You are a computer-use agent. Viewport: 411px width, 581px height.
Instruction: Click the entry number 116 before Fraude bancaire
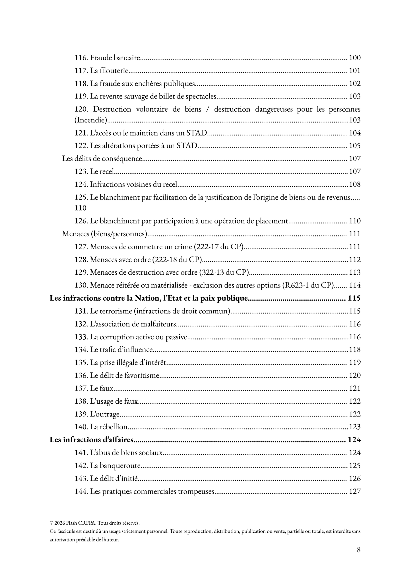click(x=81, y=58)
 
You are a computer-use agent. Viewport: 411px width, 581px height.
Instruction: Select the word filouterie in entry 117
click(x=114, y=71)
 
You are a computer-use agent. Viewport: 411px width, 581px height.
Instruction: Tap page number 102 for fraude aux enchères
click(x=354, y=83)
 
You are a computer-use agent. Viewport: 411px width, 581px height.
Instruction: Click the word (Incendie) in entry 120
click(x=91, y=120)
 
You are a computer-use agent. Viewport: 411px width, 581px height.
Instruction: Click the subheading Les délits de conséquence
click(x=102, y=159)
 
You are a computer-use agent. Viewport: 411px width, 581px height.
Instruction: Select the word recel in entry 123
click(x=106, y=171)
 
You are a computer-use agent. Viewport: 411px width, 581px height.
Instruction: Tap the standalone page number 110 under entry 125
click(x=80, y=208)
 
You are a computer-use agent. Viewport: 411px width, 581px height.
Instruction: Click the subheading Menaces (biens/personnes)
click(x=105, y=234)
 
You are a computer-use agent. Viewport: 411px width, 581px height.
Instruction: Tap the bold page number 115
click(x=354, y=298)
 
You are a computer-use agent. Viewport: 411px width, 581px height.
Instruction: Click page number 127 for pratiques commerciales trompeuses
click(x=354, y=491)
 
